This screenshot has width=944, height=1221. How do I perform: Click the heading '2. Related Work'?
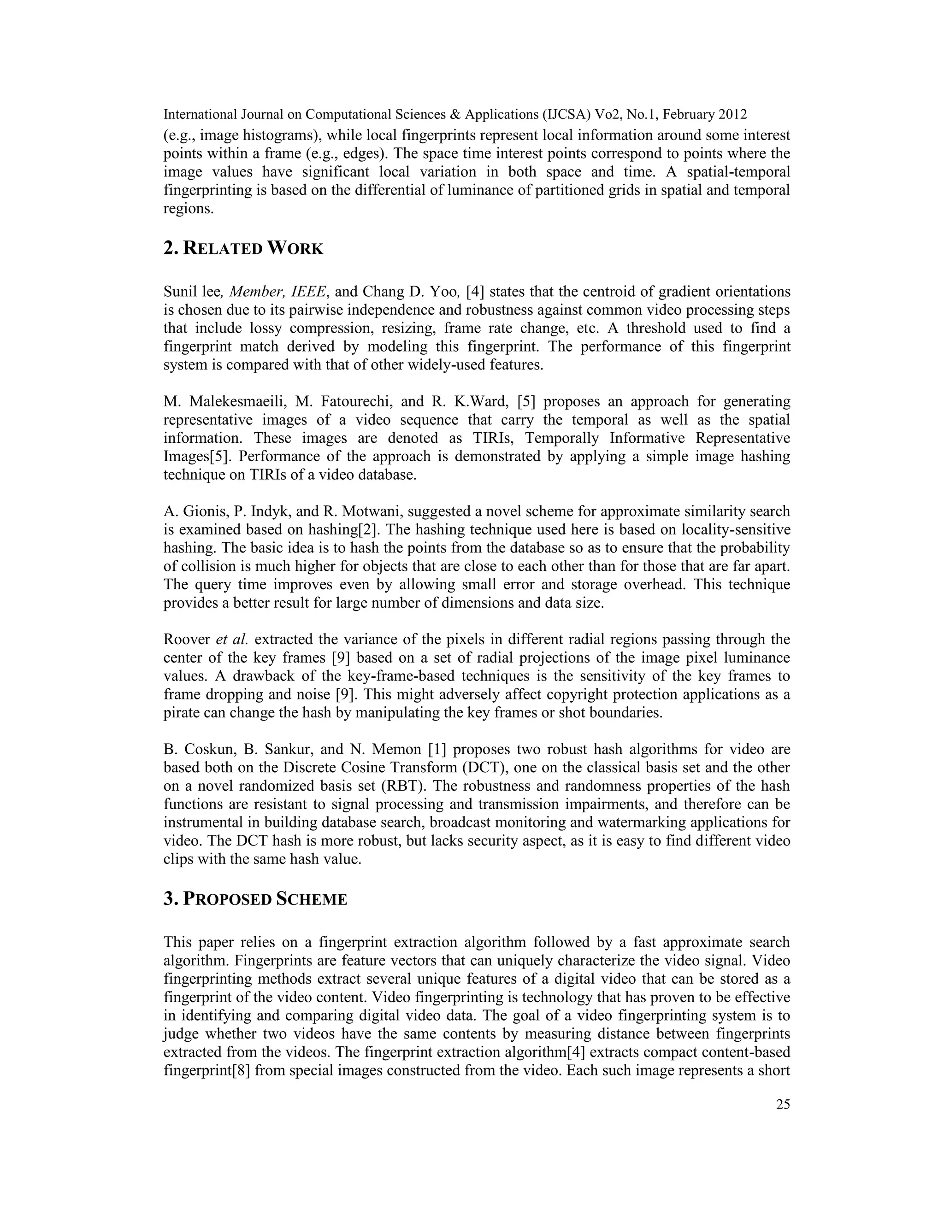(243, 248)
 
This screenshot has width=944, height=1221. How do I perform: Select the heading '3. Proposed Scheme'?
(255, 899)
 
